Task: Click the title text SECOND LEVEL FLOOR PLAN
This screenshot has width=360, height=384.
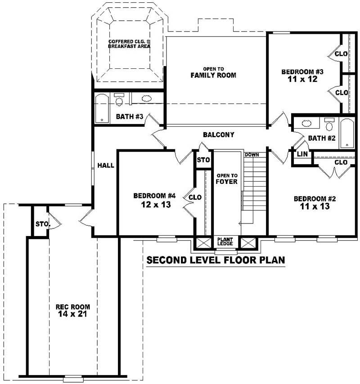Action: [x=216, y=260]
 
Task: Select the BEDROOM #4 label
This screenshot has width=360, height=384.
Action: [x=153, y=196]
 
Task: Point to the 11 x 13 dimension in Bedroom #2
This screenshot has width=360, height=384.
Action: [x=315, y=207]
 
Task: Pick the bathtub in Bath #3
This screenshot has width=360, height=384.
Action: [x=102, y=108]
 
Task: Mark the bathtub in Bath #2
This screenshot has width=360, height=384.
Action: [x=347, y=133]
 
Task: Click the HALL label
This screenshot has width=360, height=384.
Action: [x=106, y=165]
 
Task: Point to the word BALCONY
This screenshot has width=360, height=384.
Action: [x=218, y=135]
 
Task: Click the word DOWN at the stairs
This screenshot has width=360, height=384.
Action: [x=252, y=155]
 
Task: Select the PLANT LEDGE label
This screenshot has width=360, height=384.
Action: [x=225, y=241]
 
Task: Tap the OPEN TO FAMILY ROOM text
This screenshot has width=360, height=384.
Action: [x=213, y=72]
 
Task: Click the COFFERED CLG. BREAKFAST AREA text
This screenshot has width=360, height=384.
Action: [x=129, y=44]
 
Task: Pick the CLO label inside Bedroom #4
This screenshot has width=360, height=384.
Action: [x=195, y=197]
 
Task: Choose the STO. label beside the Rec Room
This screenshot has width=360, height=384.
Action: [x=41, y=224]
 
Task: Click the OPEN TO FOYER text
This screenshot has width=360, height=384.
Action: [x=226, y=179]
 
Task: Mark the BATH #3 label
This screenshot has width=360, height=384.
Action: [x=130, y=117]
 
